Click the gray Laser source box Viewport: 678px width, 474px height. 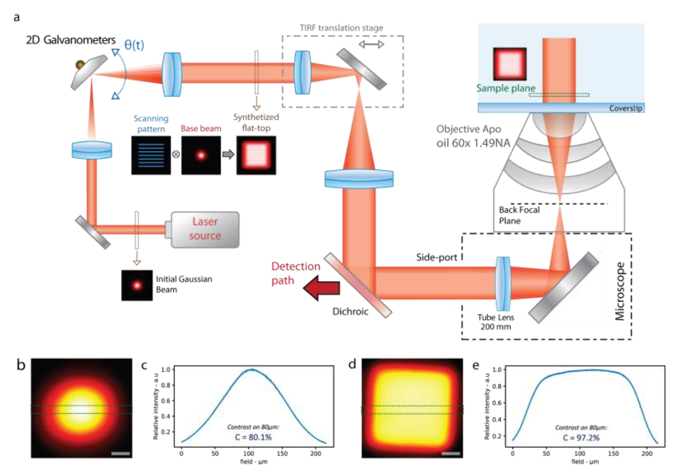tap(205, 229)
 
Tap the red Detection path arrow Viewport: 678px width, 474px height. tap(322, 288)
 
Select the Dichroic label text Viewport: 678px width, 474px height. tap(350, 312)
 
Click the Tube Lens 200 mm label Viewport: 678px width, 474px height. tap(495, 322)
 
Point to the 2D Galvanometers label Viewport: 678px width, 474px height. tap(71, 40)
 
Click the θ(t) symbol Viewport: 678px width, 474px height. tap(134, 45)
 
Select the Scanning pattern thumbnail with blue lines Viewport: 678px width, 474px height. tap(151, 155)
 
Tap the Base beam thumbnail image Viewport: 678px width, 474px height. tap(201, 155)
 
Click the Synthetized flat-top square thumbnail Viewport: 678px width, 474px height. tap(256, 155)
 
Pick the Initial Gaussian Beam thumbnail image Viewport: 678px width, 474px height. tap(137, 285)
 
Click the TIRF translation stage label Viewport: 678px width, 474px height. tap(341, 28)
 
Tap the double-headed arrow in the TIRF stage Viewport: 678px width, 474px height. tap(371, 44)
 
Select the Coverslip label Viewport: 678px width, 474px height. tap(626, 108)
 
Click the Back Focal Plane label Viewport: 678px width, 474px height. tap(519, 215)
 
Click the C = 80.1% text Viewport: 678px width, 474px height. tap(253, 437)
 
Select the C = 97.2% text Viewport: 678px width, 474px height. tap(581, 438)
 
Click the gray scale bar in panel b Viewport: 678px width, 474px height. tap(121, 454)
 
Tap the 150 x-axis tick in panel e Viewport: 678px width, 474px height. tap(614, 454)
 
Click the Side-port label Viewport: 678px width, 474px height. tap(437, 257)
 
